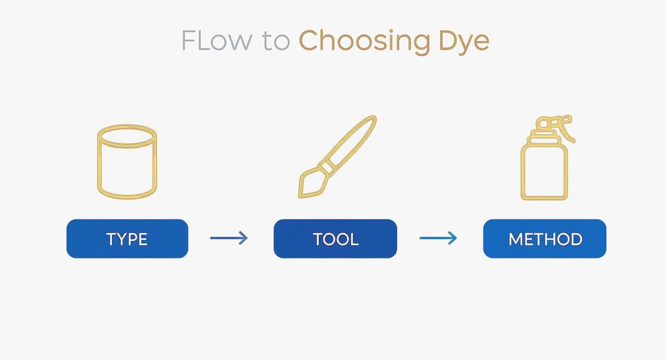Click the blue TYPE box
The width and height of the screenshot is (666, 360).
[127, 238]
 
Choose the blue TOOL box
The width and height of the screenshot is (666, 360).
[335, 238]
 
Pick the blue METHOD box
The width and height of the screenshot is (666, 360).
[544, 238]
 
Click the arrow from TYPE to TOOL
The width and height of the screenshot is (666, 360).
[229, 238]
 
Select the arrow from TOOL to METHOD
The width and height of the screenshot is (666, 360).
[438, 238]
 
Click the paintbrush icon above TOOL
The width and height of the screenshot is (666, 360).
[337, 156]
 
